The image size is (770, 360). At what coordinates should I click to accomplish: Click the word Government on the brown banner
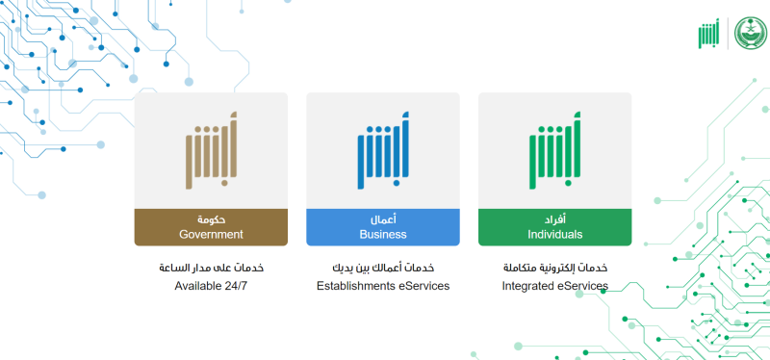pos(211,234)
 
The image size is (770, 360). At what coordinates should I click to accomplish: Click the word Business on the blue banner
pos(383,234)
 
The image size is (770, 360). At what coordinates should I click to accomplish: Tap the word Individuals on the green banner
pos(554,234)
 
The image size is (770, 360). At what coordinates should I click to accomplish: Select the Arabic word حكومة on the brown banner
pos(211,219)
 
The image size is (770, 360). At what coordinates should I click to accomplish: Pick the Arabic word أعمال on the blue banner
pos(383,219)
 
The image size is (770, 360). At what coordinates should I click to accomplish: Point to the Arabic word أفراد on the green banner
pos(554,219)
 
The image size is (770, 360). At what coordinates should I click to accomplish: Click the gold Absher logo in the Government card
pos(211,151)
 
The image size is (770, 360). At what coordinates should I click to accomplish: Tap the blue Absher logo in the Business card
pos(383,151)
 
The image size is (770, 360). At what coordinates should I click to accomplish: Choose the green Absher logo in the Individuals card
pos(554,151)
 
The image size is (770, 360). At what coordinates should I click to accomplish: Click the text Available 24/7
pos(211,286)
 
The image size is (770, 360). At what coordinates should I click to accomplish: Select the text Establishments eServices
pos(383,286)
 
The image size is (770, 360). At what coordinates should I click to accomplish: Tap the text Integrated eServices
pos(554,286)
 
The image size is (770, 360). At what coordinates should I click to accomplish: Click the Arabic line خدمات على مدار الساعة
pos(211,267)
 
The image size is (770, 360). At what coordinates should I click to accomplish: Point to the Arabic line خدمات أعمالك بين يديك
pos(383,267)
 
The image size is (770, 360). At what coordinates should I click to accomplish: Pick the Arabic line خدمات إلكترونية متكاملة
pos(554,267)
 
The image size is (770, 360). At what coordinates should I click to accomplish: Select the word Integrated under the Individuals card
pos(529,286)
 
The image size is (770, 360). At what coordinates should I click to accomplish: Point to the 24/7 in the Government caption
pos(236,286)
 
